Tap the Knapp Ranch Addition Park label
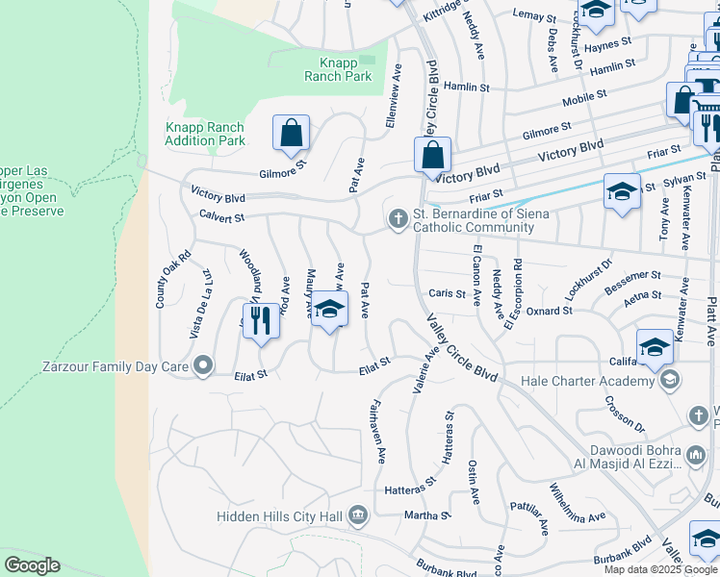pos(205,134)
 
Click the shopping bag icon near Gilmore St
pos(291,134)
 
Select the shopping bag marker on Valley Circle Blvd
pos(433,154)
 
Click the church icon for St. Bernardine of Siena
pos(397,220)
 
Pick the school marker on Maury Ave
pos(329,311)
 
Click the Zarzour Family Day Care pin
pos(202,365)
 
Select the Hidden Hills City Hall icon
pos(358,516)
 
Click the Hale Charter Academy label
pos(587,381)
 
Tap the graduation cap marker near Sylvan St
pos(622,190)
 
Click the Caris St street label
pos(447,293)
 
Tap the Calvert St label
pos(221,218)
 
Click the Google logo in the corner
pos(32,565)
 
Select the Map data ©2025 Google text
pos(660,569)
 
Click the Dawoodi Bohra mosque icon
pos(695,455)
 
